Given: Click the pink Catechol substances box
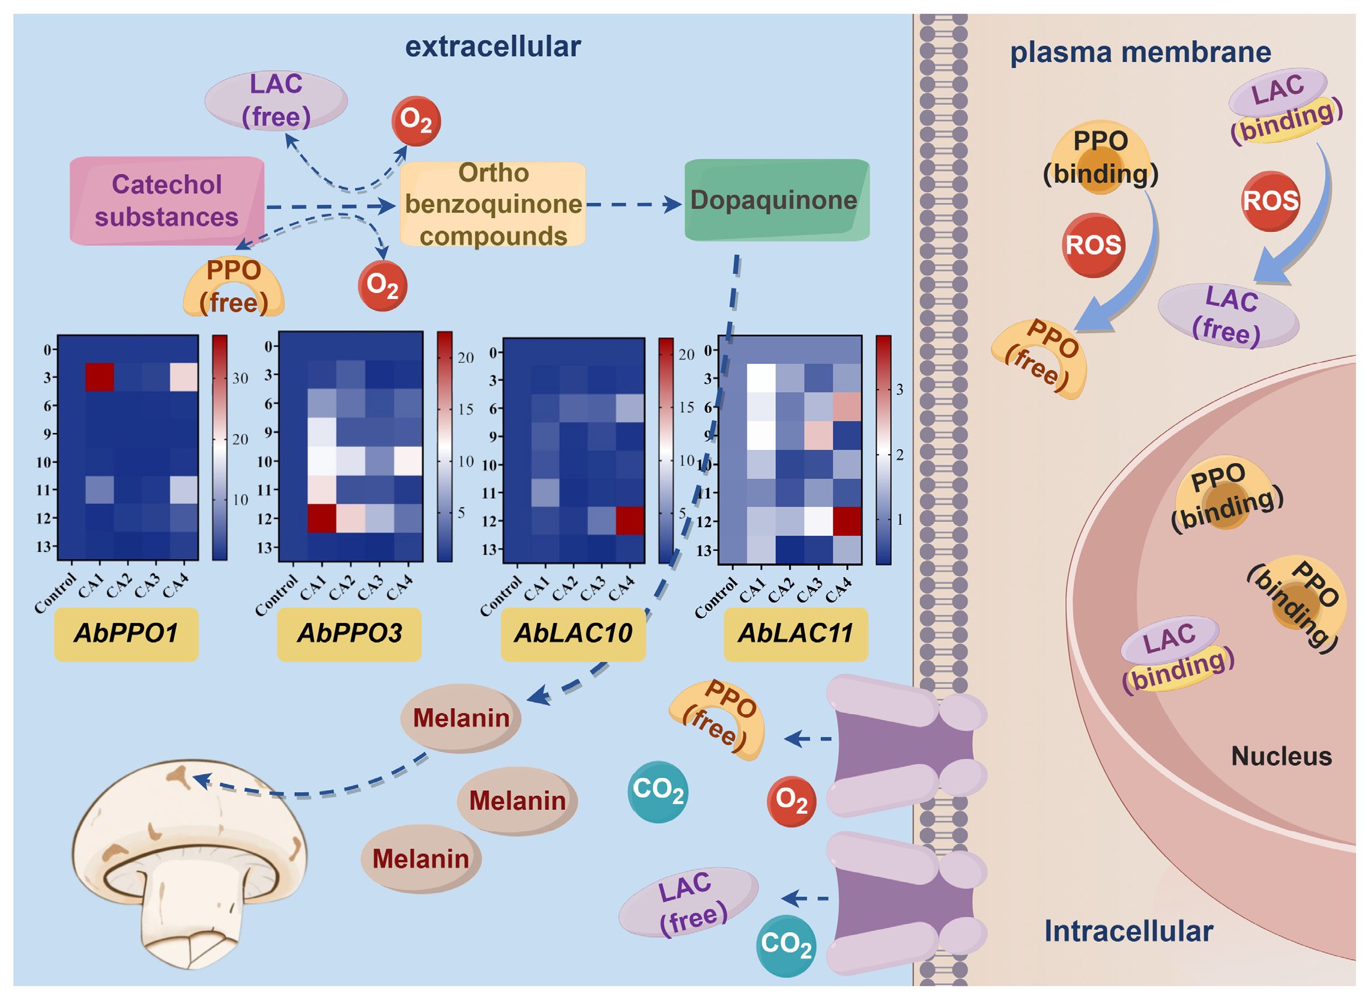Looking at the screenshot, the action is tap(167, 201).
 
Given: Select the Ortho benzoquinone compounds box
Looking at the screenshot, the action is tap(492, 204).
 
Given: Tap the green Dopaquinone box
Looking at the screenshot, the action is tap(776, 201).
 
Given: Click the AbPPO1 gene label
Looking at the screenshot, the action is tap(127, 634).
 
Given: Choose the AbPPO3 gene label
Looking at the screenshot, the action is tap(350, 634).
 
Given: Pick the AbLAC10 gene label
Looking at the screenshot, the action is tap(573, 634).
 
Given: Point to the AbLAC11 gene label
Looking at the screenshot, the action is tap(795, 634).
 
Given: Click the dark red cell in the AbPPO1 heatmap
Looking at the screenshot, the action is tap(99, 377).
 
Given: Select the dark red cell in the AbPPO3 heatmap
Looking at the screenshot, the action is tap(322, 519).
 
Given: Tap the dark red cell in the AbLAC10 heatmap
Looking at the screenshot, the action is tap(629, 521).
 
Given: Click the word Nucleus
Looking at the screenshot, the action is tap(1282, 756).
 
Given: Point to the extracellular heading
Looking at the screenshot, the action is tap(492, 47).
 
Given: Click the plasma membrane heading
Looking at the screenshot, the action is tap(1140, 52).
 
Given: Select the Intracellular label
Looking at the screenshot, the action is tap(1128, 931).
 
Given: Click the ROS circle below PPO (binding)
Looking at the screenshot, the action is tap(1093, 245).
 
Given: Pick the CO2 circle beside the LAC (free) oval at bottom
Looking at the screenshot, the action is tap(785, 945).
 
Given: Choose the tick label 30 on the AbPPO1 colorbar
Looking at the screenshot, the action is tap(240, 378).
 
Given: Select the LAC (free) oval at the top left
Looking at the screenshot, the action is tap(276, 100).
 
